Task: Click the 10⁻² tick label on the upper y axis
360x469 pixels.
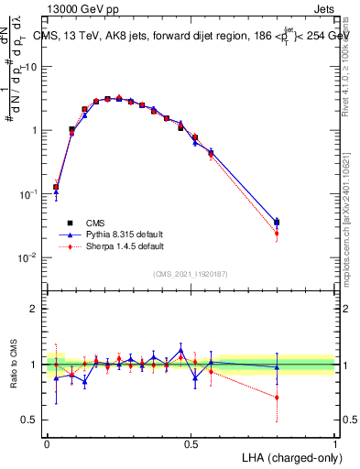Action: pyautogui.click(x=28, y=257)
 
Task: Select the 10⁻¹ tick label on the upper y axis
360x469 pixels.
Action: pyautogui.click(x=28, y=194)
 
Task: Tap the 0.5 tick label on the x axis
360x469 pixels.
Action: pyautogui.click(x=191, y=443)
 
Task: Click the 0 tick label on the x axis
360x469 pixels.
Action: pyautogui.click(x=47, y=443)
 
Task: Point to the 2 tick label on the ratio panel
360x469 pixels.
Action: pyautogui.click(x=34, y=309)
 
